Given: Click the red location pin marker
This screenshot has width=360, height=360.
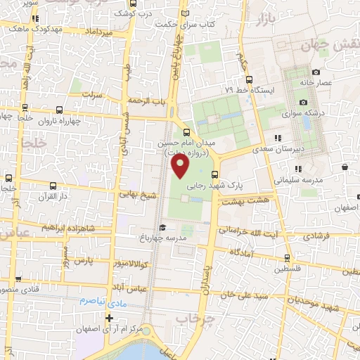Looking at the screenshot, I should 180,166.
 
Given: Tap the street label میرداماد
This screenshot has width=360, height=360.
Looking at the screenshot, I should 98,32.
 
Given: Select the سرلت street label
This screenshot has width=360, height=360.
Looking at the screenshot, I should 92,94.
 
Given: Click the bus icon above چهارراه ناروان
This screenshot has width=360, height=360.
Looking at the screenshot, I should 58,110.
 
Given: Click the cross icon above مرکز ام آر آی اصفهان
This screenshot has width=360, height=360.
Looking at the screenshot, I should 108,317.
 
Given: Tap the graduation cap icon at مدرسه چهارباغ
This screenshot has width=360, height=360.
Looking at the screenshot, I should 162,228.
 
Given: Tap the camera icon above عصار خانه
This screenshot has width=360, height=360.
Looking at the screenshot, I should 316,72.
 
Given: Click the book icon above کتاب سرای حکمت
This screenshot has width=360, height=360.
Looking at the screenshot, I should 185,13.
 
